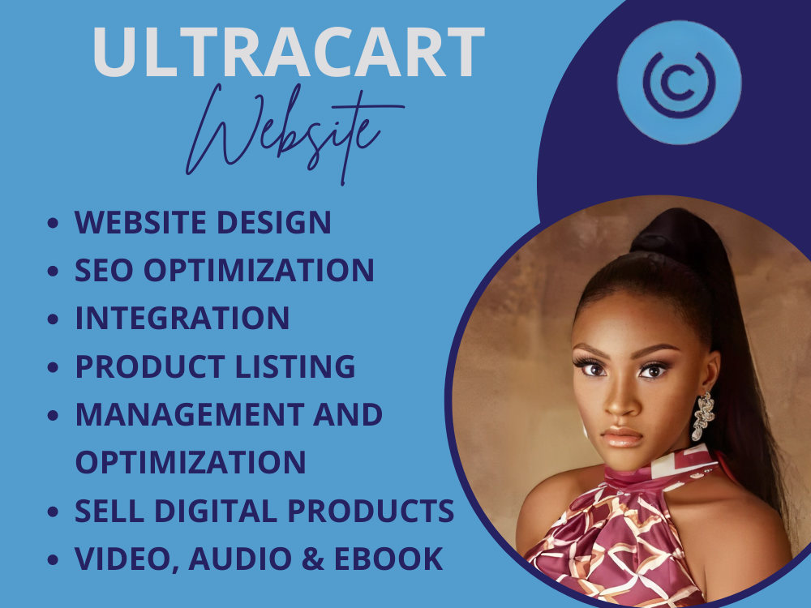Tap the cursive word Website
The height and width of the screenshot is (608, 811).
click(284, 130)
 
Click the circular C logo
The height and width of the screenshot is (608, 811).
click(679, 82)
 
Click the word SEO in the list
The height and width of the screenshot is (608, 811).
click(101, 270)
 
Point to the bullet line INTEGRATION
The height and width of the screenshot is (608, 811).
click(182, 318)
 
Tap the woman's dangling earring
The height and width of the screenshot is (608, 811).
click(702, 415)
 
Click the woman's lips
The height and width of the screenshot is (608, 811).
click(622, 437)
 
